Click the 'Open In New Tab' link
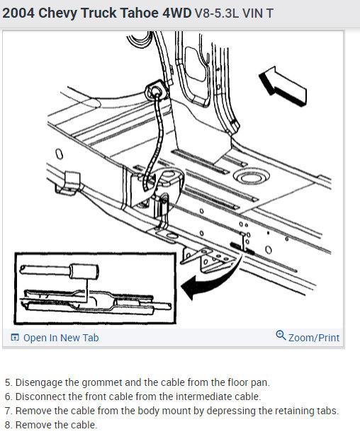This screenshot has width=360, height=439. (x=61, y=338)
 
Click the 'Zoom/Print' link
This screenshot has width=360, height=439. (x=314, y=338)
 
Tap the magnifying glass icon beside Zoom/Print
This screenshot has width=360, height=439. (x=281, y=335)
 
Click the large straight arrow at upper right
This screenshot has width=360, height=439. (x=282, y=86)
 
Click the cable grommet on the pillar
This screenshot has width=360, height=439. (x=156, y=91)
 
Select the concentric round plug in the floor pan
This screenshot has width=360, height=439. (x=252, y=177)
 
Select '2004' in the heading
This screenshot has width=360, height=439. (x=18, y=13)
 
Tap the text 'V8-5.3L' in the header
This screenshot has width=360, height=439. (x=216, y=13)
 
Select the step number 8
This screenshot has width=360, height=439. (x=8, y=425)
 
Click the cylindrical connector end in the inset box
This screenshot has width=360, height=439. (x=84, y=270)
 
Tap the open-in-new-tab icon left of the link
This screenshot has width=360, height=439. (x=15, y=337)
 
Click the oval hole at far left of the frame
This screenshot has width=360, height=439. (x=60, y=154)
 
